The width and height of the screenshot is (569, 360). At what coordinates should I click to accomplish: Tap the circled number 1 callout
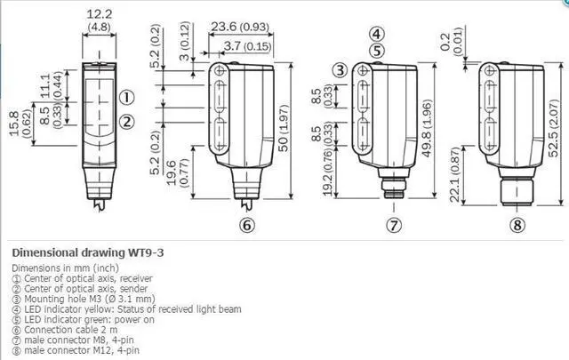tap(127, 98)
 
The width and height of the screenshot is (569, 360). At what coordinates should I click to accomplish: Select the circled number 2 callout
tap(127, 122)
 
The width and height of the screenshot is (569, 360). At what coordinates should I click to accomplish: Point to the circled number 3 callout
tap(340, 70)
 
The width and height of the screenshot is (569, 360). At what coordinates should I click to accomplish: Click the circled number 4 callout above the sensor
tap(377, 36)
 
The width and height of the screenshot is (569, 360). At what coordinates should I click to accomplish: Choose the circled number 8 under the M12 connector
tap(517, 224)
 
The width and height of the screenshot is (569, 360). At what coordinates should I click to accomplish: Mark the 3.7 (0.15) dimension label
tap(247, 44)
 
